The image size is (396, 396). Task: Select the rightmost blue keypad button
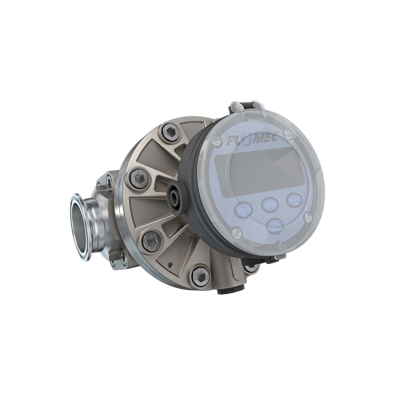click(294, 199)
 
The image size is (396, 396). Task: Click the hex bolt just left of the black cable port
click(139, 179)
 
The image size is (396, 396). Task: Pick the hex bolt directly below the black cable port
click(151, 240)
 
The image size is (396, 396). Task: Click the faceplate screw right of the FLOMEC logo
click(289, 135)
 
